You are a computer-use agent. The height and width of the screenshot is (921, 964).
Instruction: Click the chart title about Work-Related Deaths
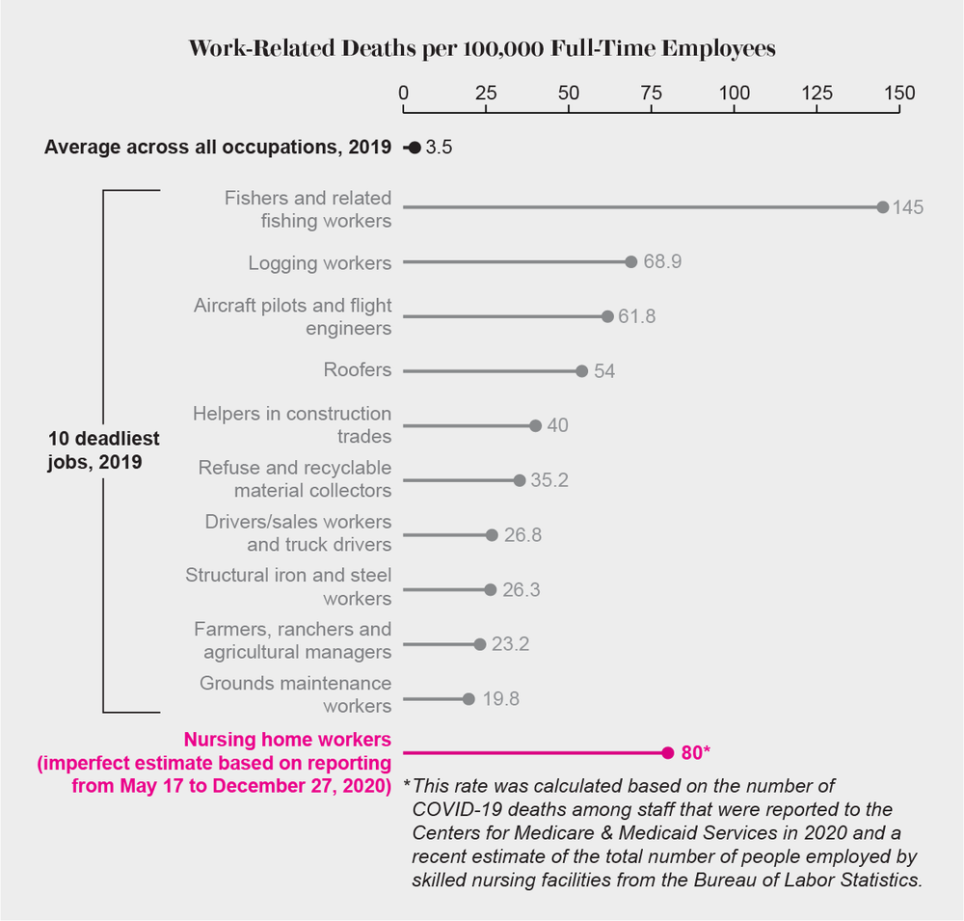(482, 49)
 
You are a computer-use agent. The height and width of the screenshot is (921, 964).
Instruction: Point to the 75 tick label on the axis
(652, 94)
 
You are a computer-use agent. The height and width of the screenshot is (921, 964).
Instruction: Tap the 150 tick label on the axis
(899, 94)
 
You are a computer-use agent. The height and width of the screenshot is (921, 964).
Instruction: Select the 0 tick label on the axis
(403, 94)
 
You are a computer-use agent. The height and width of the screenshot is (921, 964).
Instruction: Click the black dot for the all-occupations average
(415, 148)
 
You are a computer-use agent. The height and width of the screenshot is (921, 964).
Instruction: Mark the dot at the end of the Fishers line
(882, 207)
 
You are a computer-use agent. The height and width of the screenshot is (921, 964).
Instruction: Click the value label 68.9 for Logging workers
(662, 262)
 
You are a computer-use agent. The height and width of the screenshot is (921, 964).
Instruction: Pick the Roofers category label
(358, 370)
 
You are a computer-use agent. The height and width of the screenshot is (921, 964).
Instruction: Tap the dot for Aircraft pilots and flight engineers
(607, 316)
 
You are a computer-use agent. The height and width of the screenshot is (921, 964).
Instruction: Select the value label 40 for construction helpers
(557, 425)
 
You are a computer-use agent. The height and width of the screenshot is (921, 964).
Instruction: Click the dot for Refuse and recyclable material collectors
(520, 479)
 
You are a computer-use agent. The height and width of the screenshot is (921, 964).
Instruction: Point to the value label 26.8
(522, 534)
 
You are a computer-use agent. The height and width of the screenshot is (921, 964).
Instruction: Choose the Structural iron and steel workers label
(288, 587)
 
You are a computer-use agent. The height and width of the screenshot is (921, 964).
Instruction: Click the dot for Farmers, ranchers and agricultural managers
(480, 643)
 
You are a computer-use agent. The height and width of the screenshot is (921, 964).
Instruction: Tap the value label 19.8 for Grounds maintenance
(500, 699)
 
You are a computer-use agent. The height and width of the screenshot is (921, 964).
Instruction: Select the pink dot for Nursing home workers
(667, 752)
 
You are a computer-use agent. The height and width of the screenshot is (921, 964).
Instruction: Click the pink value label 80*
(695, 752)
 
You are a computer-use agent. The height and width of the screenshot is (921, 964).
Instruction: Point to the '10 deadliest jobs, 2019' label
(103, 450)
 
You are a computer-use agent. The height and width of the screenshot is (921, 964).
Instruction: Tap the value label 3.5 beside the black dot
(439, 149)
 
